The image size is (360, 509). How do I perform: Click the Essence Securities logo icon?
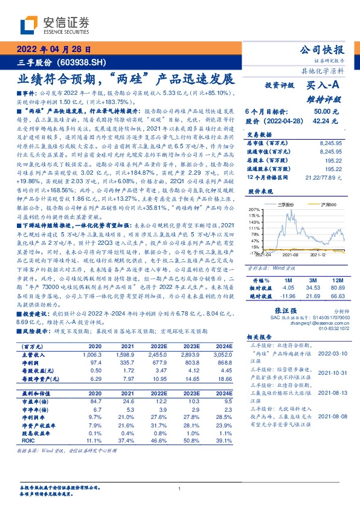30,25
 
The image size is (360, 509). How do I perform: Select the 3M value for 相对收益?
313,289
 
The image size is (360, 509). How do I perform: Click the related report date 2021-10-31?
331,372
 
